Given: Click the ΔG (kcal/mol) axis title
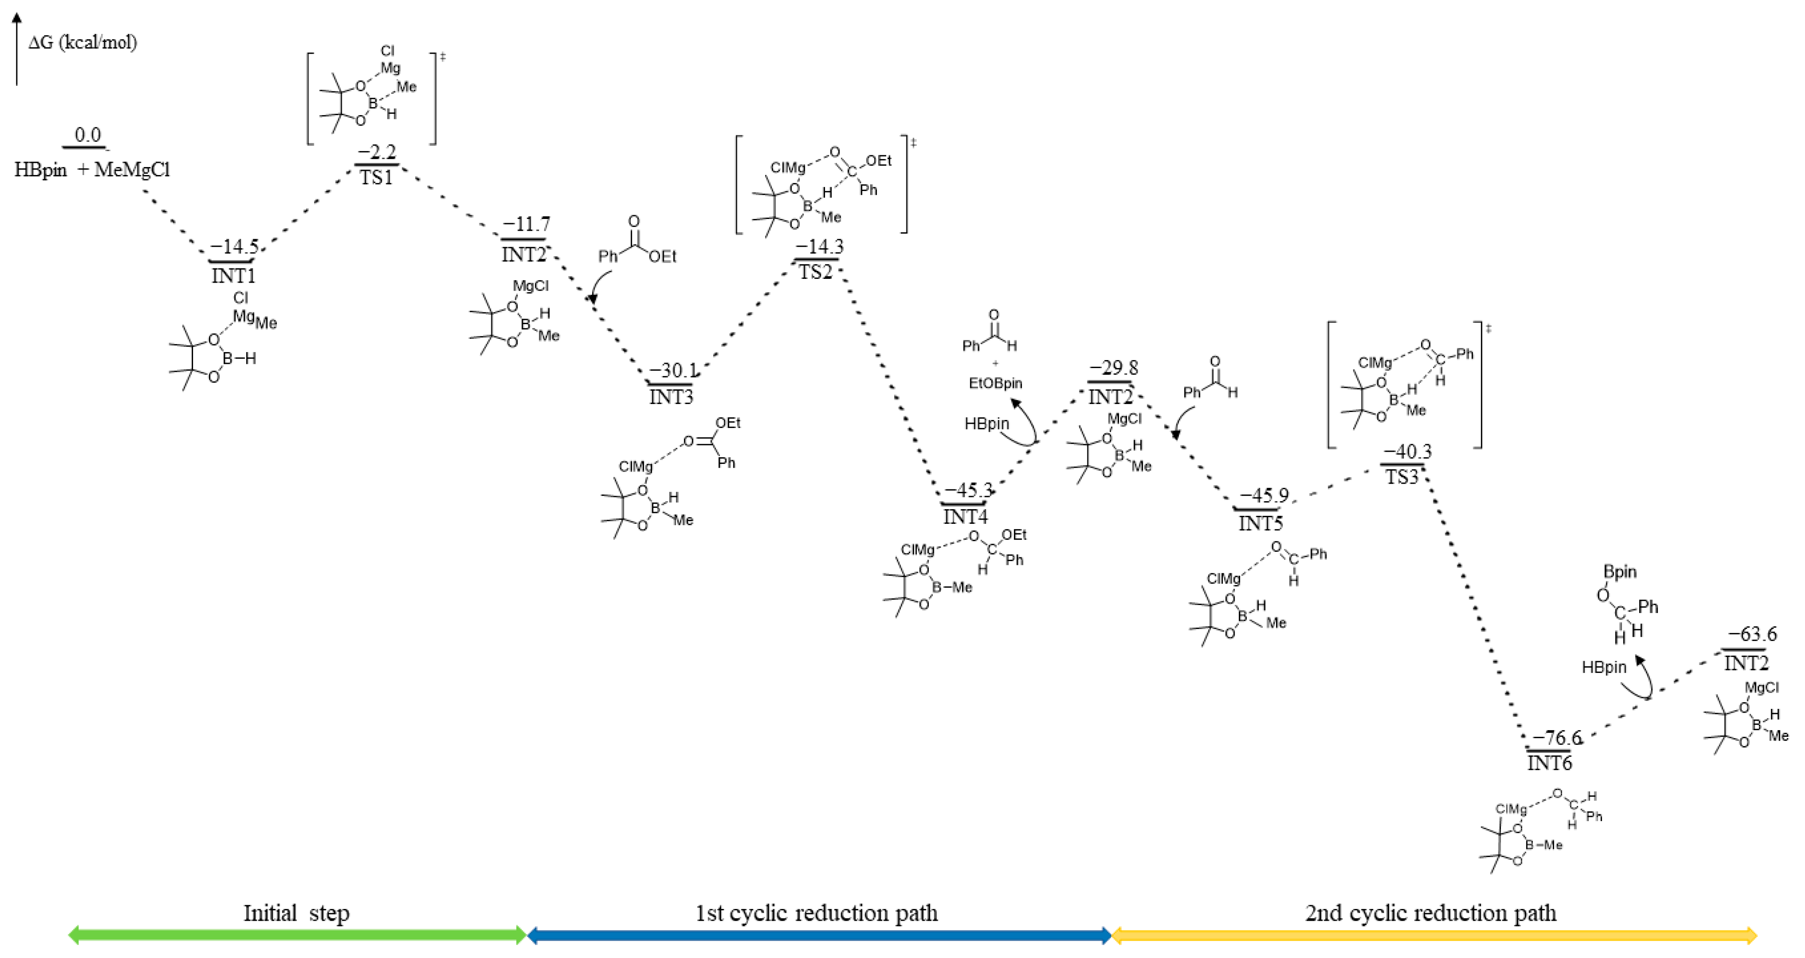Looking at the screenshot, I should pyautogui.click(x=83, y=43).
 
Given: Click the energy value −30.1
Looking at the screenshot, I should pyautogui.click(x=673, y=370).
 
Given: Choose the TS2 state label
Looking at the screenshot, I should pyautogui.click(x=816, y=272).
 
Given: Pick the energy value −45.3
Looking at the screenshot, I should pyautogui.click(x=968, y=490).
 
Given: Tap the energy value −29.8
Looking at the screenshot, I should pyautogui.click(x=1114, y=368).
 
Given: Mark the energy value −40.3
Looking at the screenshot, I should pyautogui.click(x=1407, y=451).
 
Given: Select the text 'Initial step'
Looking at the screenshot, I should pyautogui.click(x=296, y=913).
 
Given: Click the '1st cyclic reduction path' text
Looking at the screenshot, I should pyautogui.click(x=816, y=913).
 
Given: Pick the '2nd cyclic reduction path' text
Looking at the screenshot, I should pyautogui.click(x=1431, y=913).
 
